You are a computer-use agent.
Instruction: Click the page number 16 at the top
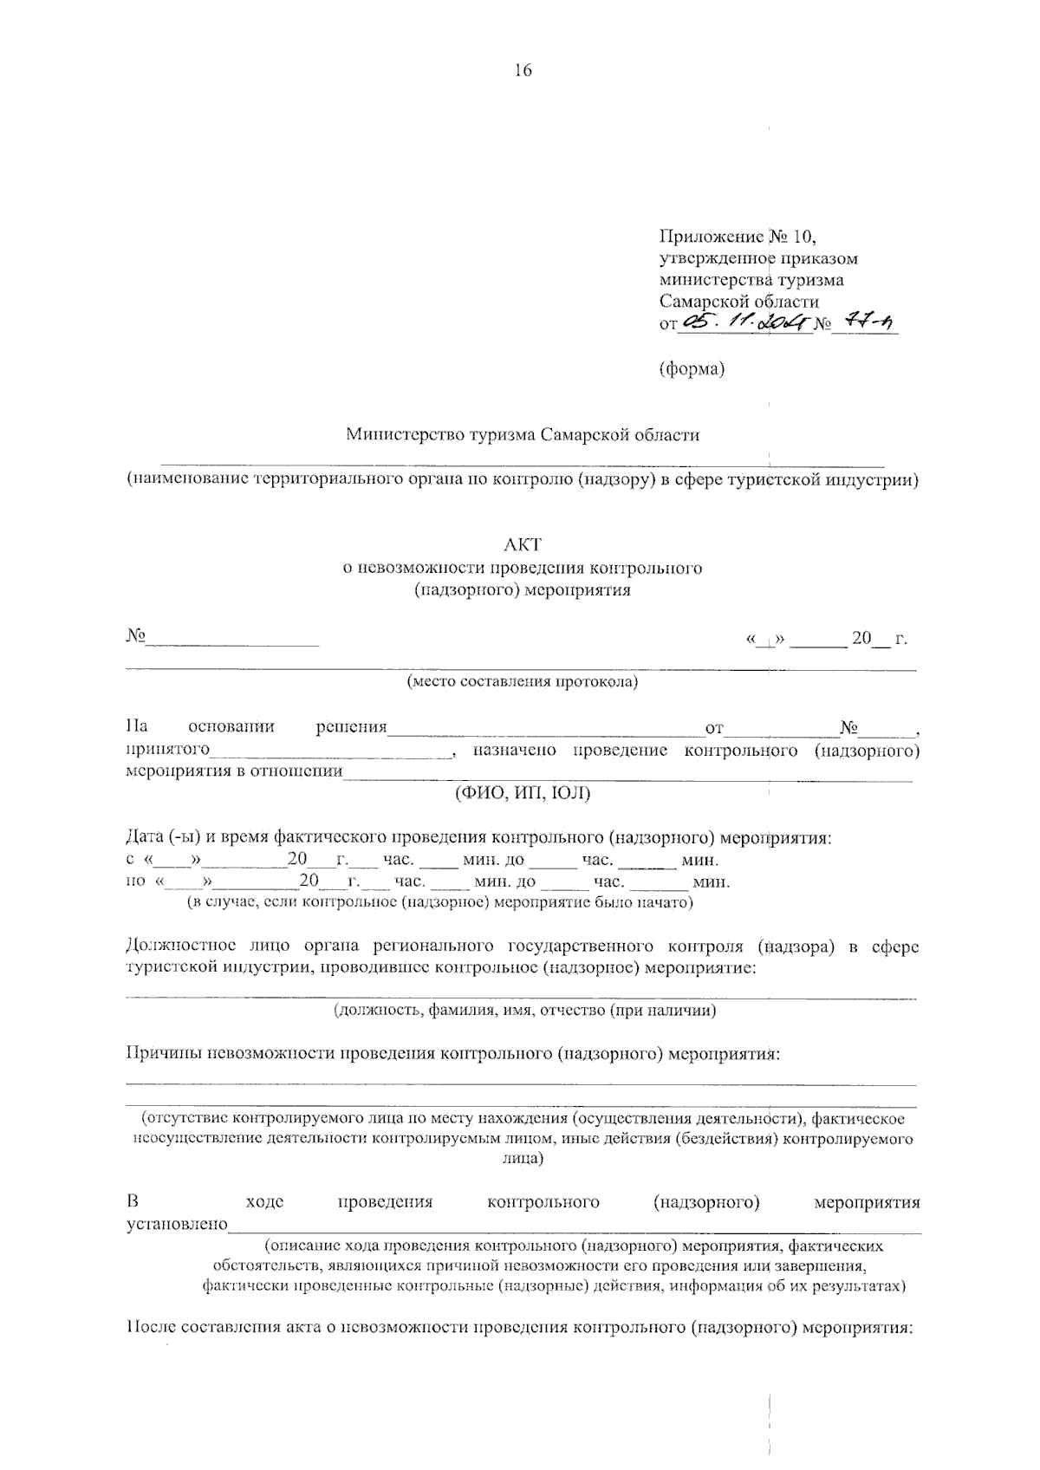[523, 71]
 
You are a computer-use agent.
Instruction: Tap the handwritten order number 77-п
[868, 323]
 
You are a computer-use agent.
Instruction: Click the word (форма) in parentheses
[692, 369]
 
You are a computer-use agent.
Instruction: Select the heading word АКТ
[523, 544]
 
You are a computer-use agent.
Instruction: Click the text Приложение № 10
[738, 236]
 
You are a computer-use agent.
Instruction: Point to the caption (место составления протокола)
[523, 682]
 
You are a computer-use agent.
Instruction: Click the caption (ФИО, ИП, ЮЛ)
[523, 793]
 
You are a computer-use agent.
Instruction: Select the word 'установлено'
[177, 1225]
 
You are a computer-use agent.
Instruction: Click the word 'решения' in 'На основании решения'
[351, 726]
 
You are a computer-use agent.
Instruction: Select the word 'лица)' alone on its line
[523, 1159]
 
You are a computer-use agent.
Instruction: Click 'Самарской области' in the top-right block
[738, 302]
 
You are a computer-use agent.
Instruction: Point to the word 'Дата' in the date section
[146, 838]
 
